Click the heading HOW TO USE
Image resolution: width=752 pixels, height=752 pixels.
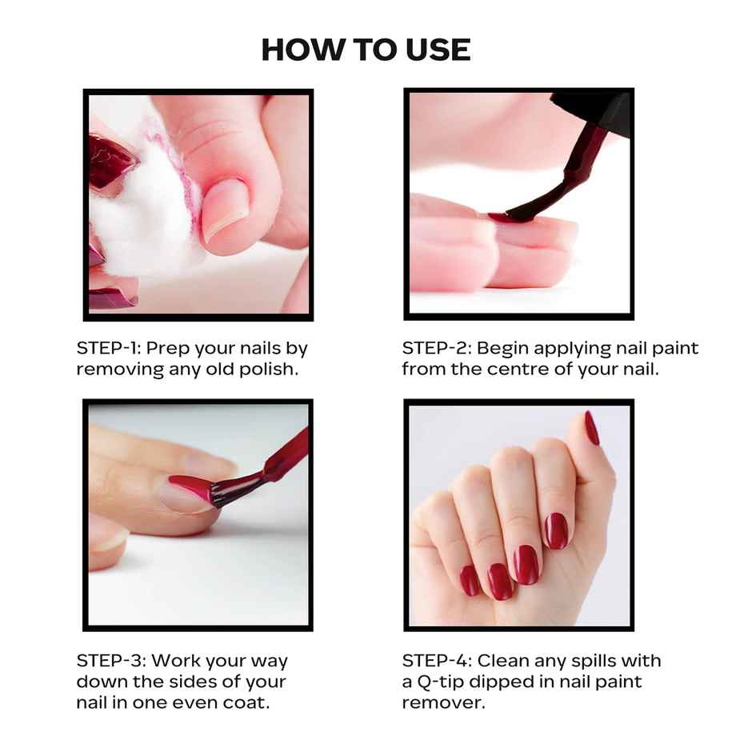366,50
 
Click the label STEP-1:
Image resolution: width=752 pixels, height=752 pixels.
108,349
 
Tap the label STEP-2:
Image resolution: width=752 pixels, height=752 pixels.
434,349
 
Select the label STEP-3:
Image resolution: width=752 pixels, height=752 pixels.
110,661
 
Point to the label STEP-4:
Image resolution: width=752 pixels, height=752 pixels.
436,661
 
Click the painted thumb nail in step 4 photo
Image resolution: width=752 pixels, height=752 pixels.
591,428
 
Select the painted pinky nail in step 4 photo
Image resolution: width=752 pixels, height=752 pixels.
470,581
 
